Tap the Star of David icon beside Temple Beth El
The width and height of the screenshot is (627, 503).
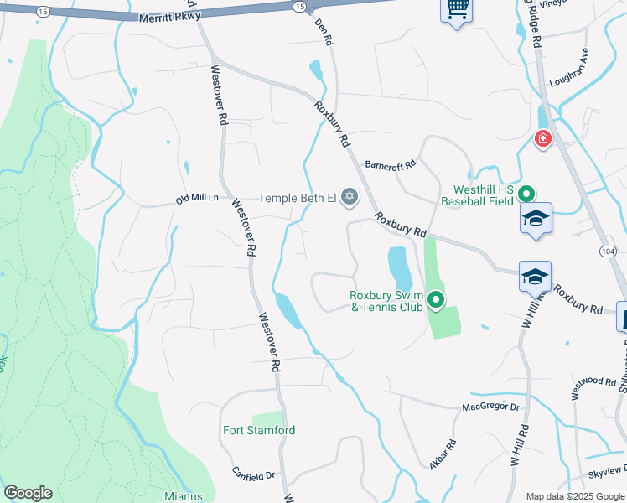coord(350,198)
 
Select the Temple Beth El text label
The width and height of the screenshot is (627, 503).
coord(297,198)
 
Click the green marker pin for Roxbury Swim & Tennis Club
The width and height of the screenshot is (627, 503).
coord(436,298)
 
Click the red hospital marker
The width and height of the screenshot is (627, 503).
coord(543,137)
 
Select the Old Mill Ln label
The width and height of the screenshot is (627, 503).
coord(197,199)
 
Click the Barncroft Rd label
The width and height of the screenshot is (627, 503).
coord(391,164)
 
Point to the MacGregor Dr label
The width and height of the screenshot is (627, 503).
coord(491,407)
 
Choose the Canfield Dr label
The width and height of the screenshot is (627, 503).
coord(254,475)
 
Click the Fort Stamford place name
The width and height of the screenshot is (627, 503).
coord(259,430)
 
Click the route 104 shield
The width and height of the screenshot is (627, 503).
coord(609,251)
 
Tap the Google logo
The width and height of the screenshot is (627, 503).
coord(28,493)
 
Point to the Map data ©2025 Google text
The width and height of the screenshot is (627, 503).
coord(575,496)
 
